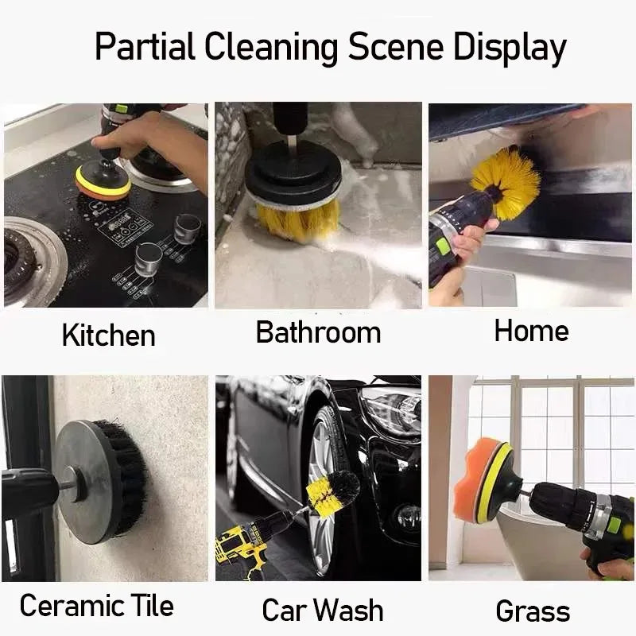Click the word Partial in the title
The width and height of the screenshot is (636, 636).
(145, 48)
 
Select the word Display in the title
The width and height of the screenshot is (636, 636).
(510, 48)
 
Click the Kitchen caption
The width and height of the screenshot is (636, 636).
(108, 335)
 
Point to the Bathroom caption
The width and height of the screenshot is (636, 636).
(318, 332)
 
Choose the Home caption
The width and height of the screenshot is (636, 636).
(531, 330)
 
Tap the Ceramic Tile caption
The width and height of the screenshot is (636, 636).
(96, 606)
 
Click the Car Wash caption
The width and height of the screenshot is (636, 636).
(322, 611)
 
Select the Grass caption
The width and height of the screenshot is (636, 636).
(533, 611)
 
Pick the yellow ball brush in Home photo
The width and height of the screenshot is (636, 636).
(506, 182)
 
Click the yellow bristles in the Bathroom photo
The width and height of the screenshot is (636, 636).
(297, 219)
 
